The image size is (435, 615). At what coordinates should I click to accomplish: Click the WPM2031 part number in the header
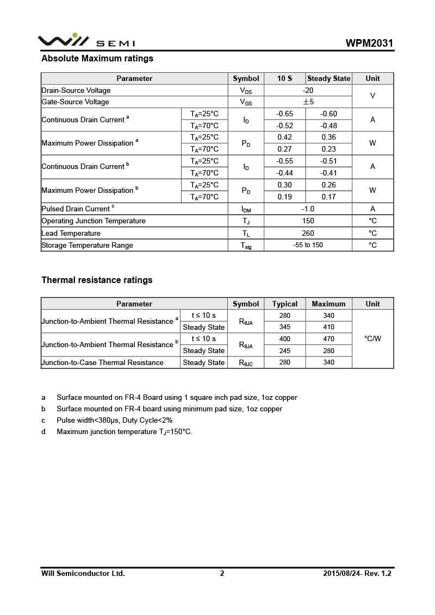click(x=369, y=43)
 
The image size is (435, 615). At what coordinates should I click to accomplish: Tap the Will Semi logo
click(x=86, y=41)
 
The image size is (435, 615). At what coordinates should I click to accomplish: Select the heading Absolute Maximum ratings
click(x=97, y=59)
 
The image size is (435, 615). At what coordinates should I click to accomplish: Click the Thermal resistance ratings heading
click(x=97, y=280)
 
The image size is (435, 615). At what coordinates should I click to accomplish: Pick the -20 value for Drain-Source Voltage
click(x=308, y=91)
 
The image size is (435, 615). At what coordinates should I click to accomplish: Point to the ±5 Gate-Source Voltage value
click(x=308, y=102)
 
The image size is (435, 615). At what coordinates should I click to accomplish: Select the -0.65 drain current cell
click(x=284, y=114)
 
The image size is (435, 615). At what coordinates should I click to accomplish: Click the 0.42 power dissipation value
click(x=284, y=137)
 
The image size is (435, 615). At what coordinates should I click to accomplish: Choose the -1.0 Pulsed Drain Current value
click(x=308, y=209)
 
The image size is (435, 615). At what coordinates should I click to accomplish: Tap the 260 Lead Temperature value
click(x=308, y=234)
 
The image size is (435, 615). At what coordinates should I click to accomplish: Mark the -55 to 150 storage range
click(x=308, y=246)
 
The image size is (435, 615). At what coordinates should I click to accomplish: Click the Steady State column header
click(x=328, y=79)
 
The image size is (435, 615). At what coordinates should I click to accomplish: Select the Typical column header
click(x=285, y=304)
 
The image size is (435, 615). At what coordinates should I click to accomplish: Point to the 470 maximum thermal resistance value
click(x=328, y=339)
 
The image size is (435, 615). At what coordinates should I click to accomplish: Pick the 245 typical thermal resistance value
click(x=285, y=351)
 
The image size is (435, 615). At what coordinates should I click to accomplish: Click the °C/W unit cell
click(x=372, y=339)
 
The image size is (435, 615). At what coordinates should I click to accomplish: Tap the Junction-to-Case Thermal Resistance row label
click(x=103, y=363)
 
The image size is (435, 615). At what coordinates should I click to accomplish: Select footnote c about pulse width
click(x=114, y=421)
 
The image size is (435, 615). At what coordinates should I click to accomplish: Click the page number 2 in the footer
click(x=222, y=573)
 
